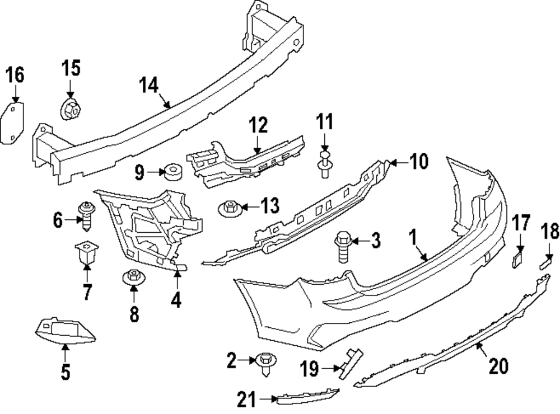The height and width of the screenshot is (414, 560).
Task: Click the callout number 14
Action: (x=150, y=85)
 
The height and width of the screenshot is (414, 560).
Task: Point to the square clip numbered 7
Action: (x=86, y=253)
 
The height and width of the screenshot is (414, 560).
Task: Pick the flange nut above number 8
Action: (x=133, y=277)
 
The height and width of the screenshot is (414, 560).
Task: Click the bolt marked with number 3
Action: (x=342, y=247)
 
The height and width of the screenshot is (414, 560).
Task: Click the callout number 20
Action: (x=498, y=366)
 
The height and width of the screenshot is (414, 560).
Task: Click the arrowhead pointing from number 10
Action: (x=391, y=163)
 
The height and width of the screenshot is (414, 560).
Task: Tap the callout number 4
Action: (x=176, y=300)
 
